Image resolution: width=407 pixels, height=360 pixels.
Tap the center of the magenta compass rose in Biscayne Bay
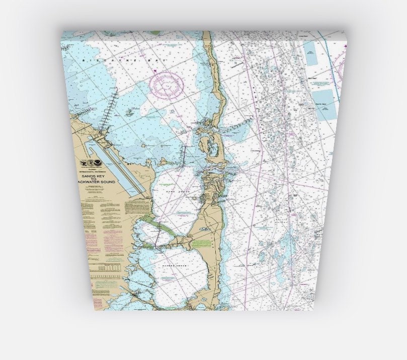click(x=169, y=85)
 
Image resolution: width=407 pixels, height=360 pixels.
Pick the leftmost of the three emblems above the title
click(x=84, y=163)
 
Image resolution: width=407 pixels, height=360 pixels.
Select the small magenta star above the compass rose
click(x=156, y=71)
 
